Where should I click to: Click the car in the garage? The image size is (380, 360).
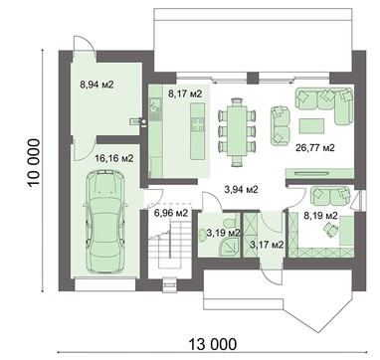(105, 221)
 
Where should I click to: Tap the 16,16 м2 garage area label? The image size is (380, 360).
(114, 159)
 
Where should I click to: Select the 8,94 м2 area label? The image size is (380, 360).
(96, 85)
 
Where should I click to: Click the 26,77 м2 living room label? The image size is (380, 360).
(314, 147)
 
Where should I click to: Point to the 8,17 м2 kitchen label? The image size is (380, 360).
(185, 93)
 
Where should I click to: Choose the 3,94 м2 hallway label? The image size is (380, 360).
(241, 190)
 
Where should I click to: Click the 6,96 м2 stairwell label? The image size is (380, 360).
(171, 213)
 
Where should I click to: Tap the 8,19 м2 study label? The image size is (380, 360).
(320, 216)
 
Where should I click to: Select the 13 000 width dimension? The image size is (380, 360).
(213, 344)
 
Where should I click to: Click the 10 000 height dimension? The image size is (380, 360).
(35, 162)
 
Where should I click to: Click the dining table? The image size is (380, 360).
(237, 131)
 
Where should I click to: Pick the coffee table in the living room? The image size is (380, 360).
(311, 126)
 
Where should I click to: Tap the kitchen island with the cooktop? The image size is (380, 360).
(198, 131)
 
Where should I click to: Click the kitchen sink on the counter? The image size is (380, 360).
(155, 105)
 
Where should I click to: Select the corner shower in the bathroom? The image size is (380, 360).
(229, 247)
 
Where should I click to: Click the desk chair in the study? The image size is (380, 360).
(330, 230)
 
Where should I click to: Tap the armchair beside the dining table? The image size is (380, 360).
(280, 125)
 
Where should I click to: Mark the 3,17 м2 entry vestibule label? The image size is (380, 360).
(267, 245)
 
